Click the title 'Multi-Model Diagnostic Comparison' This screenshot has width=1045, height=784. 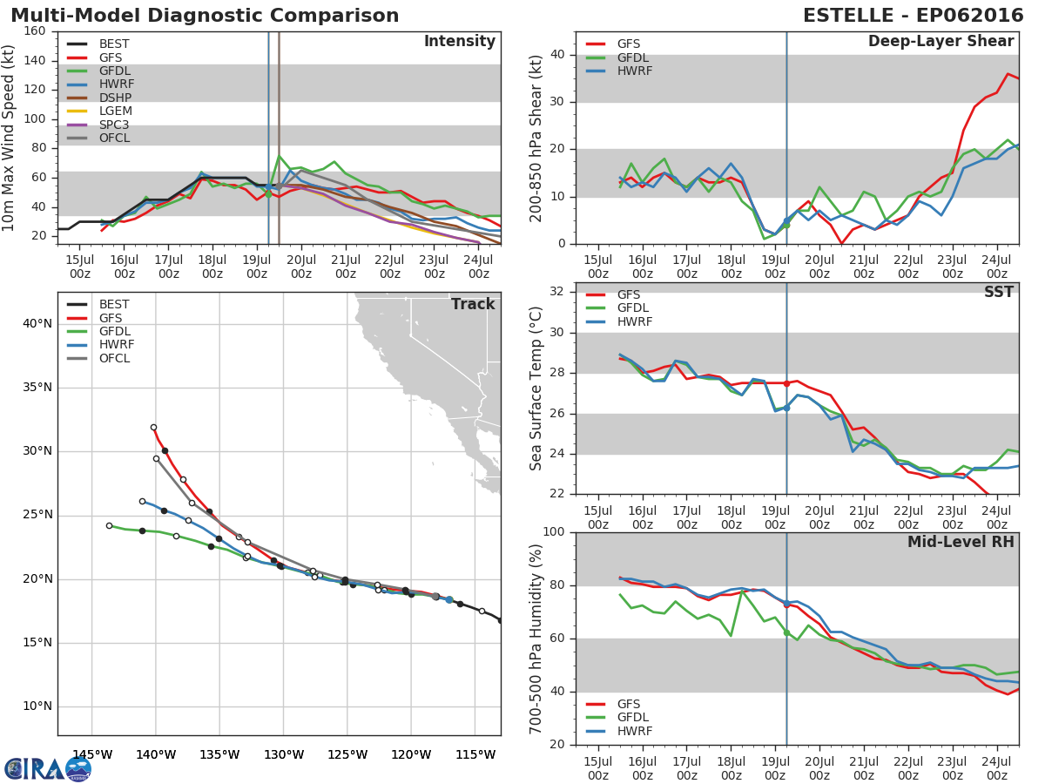click(205, 15)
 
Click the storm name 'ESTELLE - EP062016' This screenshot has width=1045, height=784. click(914, 15)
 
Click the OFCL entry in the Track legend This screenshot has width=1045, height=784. click(98, 358)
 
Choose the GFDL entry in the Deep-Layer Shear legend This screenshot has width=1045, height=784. click(617, 57)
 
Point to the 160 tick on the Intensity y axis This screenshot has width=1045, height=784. click(35, 31)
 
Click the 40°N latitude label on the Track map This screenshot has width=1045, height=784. click(37, 324)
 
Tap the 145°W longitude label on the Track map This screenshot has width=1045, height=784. click(92, 754)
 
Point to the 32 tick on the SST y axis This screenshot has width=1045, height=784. click(556, 291)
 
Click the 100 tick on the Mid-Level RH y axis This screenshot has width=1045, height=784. click(553, 531)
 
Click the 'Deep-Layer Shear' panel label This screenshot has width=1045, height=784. click(941, 42)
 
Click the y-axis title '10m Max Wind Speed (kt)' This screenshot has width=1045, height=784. click(8, 138)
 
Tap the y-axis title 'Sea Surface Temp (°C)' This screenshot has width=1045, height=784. click(535, 389)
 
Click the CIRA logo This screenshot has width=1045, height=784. click(48, 768)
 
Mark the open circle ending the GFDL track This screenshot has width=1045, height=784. click(110, 526)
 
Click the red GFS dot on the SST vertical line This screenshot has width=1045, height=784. click(786, 383)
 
